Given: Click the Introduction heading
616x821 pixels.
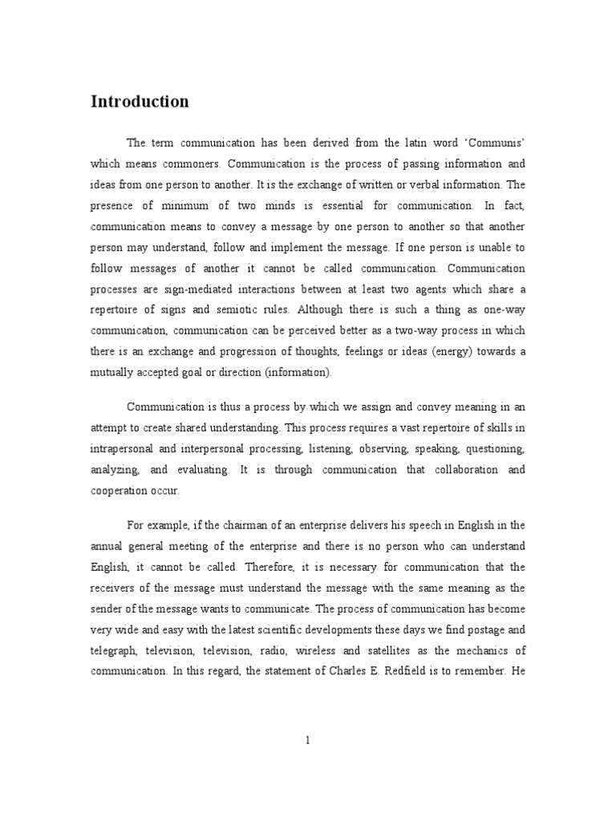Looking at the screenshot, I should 140,102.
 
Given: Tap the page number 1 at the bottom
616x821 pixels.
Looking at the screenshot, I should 307,741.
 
